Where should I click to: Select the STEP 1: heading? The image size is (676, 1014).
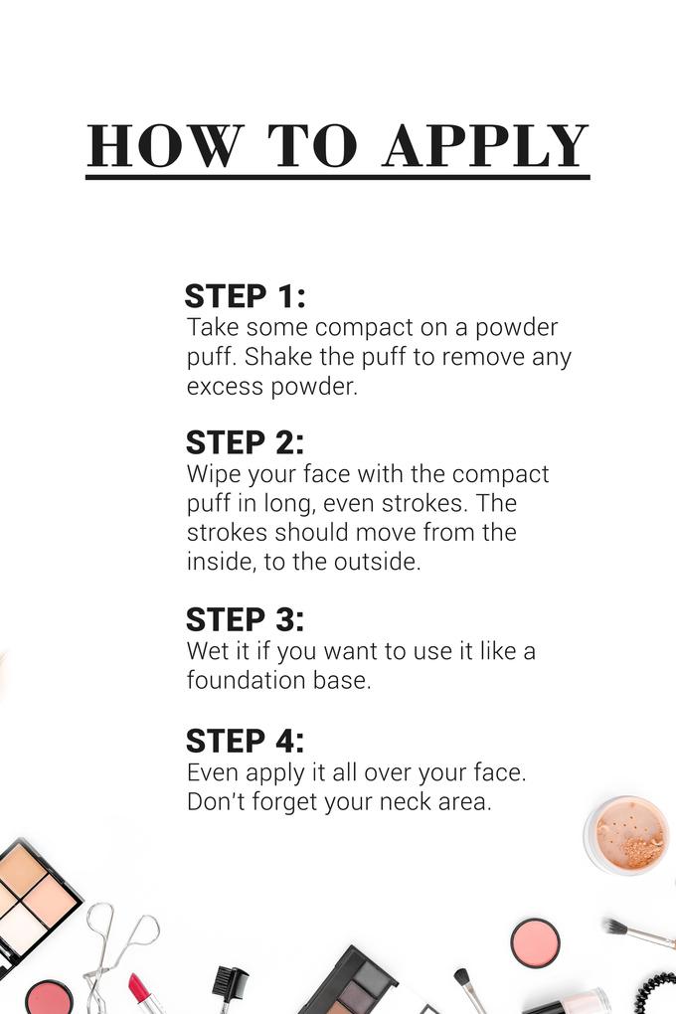coord(245,296)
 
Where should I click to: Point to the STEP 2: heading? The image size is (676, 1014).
coord(245,442)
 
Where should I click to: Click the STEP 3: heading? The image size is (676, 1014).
coord(245,619)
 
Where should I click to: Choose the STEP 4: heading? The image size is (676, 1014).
coord(245,741)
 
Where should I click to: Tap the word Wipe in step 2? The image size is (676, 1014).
coord(212,474)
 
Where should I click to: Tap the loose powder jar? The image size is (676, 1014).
coord(627,835)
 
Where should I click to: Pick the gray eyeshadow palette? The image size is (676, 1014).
coord(358,984)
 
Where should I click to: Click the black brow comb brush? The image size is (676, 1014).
coord(230,984)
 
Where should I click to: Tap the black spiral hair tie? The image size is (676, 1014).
coord(657,994)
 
